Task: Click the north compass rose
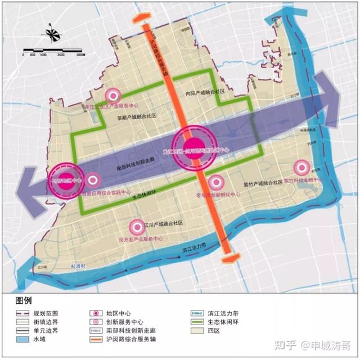click(x=51, y=35)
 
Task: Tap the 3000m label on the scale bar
click(x=80, y=56)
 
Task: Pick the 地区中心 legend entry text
click(x=119, y=312)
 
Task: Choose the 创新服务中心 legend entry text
click(x=124, y=321)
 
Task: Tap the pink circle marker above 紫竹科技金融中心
click(x=302, y=168)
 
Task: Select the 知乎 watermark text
click(x=281, y=344)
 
